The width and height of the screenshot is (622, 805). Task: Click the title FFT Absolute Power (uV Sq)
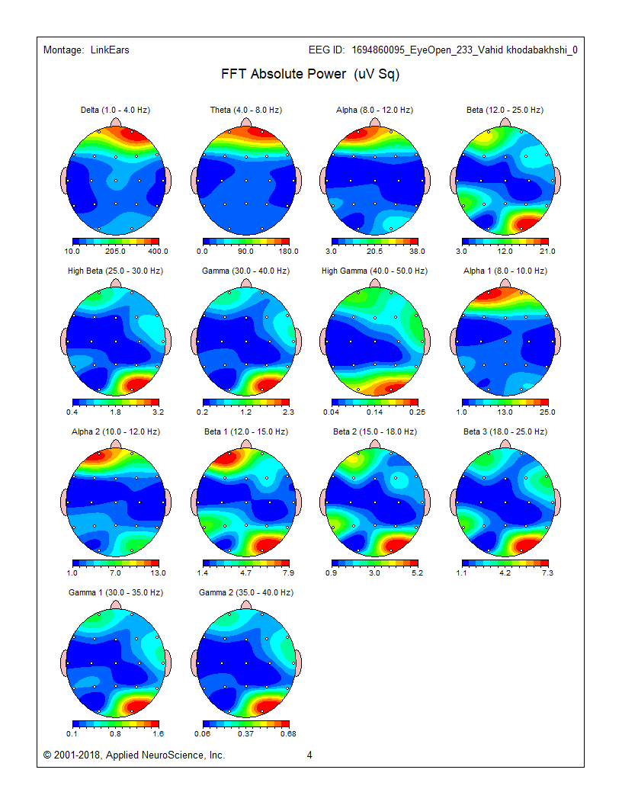click(310, 75)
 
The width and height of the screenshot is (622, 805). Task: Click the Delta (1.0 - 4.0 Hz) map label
click(115, 111)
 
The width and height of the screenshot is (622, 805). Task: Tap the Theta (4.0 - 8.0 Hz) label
click(246, 111)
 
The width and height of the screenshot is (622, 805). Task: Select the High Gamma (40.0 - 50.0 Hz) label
click(374, 271)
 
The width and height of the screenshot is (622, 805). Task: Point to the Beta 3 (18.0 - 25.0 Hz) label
click(505, 432)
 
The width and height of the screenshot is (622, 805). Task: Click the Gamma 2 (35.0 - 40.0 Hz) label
click(246, 593)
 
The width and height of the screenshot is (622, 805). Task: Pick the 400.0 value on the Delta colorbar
click(158, 251)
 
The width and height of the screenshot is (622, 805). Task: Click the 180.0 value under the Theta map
click(289, 251)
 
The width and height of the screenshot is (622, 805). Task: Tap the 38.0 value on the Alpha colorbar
click(417, 251)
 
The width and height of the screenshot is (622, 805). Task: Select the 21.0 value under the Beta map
click(548, 251)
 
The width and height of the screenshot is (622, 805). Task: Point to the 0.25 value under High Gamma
click(417, 412)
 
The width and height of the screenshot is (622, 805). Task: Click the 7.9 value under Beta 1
click(289, 572)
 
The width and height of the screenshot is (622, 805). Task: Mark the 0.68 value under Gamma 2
click(289, 733)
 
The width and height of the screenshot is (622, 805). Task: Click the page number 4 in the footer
click(310, 755)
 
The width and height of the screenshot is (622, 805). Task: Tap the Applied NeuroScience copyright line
click(134, 755)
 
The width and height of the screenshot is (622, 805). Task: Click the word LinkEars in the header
click(109, 50)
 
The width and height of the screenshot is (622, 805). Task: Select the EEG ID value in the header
click(464, 50)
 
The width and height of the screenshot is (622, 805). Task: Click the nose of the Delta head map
click(115, 122)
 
